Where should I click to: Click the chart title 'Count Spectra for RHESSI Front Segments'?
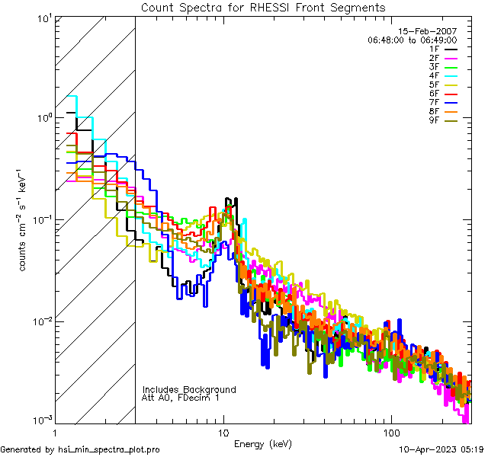pos(263,7)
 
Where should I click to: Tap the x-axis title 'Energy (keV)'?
pos(262,444)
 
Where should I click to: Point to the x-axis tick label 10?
pos(223,431)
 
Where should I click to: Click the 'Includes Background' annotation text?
pos(189,390)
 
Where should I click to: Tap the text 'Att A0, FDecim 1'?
pos(181,398)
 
